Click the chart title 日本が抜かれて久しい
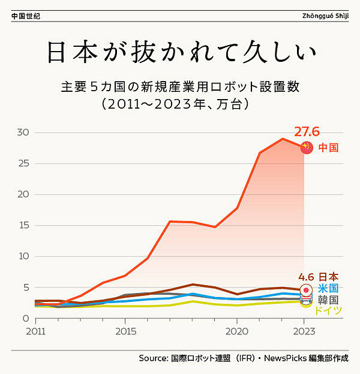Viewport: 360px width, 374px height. click(x=181, y=53)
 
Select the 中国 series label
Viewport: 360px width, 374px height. click(x=329, y=147)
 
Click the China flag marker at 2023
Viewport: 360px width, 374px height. click(x=307, y=148)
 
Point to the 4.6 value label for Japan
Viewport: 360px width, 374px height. click(x=307, y=277)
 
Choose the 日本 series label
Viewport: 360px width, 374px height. click(x=328, y=277)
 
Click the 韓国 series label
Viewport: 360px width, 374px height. click(x=328, y=300)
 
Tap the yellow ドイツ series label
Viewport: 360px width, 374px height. click(x=328, y=310)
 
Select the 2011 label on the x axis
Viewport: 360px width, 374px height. click(x=35, y=330)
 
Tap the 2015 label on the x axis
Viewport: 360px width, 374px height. click(x=125, y=330)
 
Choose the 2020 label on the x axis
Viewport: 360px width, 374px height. click(x=237, y=330)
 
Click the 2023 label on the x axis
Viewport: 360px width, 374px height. click(x=304, y=330)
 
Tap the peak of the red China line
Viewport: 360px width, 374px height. click(x=282, y=139)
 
